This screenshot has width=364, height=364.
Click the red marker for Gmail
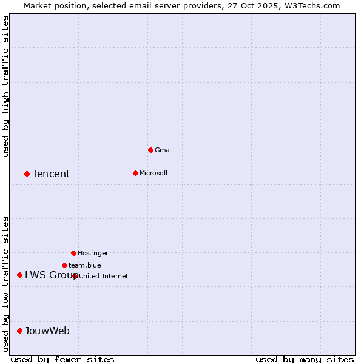(150, 150)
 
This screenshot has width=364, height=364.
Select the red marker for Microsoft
(135, 173)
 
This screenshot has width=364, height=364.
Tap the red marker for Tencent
(27, 174)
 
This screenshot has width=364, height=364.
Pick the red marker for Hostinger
(73, 253)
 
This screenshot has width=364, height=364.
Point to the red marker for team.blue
(64, 265)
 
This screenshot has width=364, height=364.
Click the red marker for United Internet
(75, 276)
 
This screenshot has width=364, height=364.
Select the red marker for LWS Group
(19, 275)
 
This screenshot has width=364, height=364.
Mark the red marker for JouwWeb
(19, 331)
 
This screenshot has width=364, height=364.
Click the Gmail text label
(164, 150)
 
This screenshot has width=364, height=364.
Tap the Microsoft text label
(154, 173)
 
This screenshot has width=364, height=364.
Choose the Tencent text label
(51, 174)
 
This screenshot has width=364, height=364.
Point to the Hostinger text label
(93, 253)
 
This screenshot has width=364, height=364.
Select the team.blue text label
(85, 265)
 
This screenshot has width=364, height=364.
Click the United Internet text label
(104, 276)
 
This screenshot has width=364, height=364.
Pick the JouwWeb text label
(47, 331)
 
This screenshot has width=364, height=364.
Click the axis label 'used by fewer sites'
(62, 359)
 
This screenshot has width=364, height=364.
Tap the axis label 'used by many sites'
(305, 359)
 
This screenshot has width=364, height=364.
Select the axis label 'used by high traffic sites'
(5, 86)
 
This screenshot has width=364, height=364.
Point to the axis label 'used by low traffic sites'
(5, 284)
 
